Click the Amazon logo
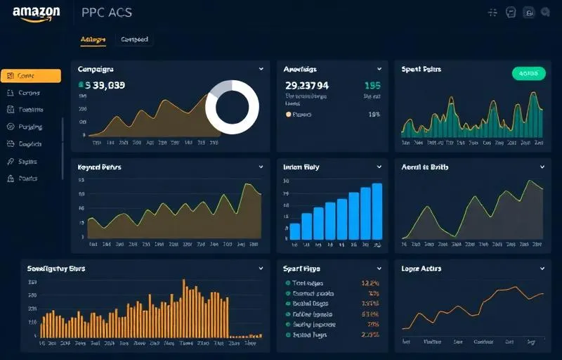[x=36, y=13]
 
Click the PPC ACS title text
[x=106, y=13]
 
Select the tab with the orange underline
[x=93, y=40]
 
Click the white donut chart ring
[x=232, y=107]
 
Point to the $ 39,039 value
[x=105, y=85]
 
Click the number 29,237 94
[x=306, y=85]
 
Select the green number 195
[x=372, y=85]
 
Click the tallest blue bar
[x=377, y=212]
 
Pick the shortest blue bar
[x=295, y=231]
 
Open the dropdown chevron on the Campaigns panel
[x=261, y=69]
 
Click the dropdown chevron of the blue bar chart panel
[x=379, y=167]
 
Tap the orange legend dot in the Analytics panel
[x=288, y=114]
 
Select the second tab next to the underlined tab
[x=134, y=40]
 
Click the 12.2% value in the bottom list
[x=370, y=283]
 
